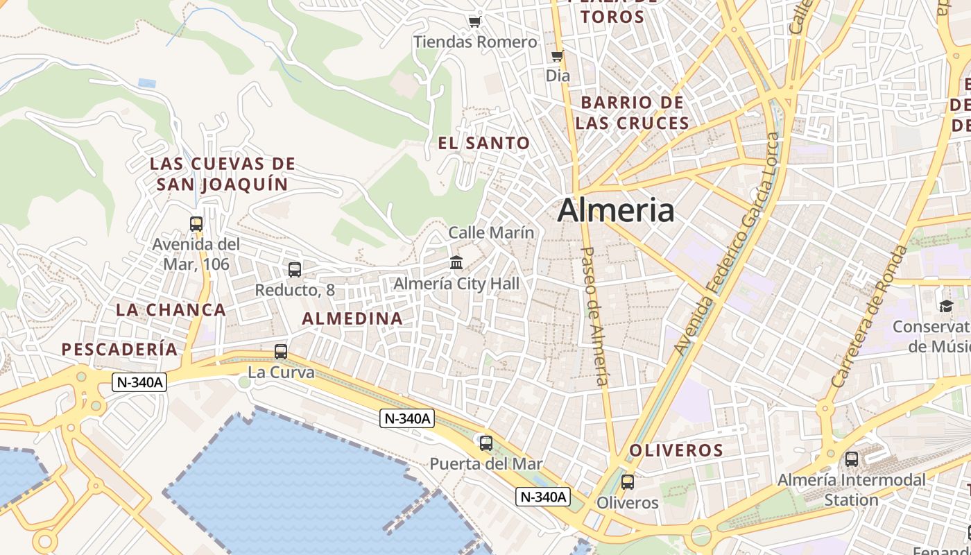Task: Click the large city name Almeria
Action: click(615, 210)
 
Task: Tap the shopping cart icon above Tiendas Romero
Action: click(475, 22)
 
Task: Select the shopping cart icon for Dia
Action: click(557, 56)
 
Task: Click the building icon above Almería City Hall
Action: click(456, 263)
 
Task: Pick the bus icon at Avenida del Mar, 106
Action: click(196, 224)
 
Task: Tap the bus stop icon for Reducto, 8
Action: click(295, 270)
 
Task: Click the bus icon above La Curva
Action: click(281, 352)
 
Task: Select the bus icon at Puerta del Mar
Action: click(486, 443)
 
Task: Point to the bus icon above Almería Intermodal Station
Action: click(852, 459)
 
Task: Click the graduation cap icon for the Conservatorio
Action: click(947, 306)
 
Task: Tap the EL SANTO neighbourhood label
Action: click(484, 144)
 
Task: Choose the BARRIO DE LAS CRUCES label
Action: click(632, 113)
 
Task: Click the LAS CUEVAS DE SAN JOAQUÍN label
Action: click(223, 174)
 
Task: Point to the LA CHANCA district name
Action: click(171, 310)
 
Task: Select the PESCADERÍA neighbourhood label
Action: click(120, 350)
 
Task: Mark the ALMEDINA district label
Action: click(352, 318)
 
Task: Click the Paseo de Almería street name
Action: click(595, 316)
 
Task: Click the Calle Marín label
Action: click(491, 232)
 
